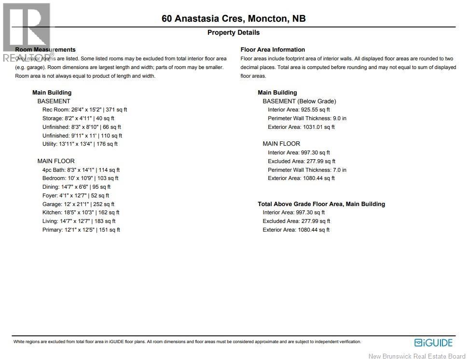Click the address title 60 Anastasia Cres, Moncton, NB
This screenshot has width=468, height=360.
click(x=234, y=19)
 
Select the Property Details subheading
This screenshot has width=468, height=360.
click(x=234, y=33)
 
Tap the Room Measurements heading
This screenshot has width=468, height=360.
click(x=45, y=50)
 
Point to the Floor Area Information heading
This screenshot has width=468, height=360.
click(x=273, y=50)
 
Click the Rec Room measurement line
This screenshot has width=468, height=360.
click(x=84, y=110)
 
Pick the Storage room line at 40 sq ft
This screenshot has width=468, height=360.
click(x=78, y=118)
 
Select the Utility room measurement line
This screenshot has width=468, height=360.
click(x=80, y=144)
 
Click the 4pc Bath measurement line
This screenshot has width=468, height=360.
click(x=81, y=170)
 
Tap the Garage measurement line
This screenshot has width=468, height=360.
click(x=78, y=204)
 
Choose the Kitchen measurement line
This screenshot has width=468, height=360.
click(x=81, y=212)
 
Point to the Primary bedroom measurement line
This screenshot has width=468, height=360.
click(x=81, y=230)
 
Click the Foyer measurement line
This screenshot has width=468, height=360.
click(x=76, y=195)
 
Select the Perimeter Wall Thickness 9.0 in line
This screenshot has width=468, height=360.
click(x=307, y=118)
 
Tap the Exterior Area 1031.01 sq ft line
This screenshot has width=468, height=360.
click(x=301, y=127)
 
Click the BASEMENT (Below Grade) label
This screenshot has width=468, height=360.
click(x=299, y=101)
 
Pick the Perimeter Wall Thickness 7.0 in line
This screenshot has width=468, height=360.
click(x=307, y=170)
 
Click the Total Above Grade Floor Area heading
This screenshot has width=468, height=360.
click(x=321, y=204)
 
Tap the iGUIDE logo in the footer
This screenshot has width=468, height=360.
click(x=433, y=343)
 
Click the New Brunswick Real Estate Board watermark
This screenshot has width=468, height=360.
click(x=416, y=356)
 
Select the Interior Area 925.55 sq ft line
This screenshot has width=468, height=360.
click(x=299, y=110)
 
